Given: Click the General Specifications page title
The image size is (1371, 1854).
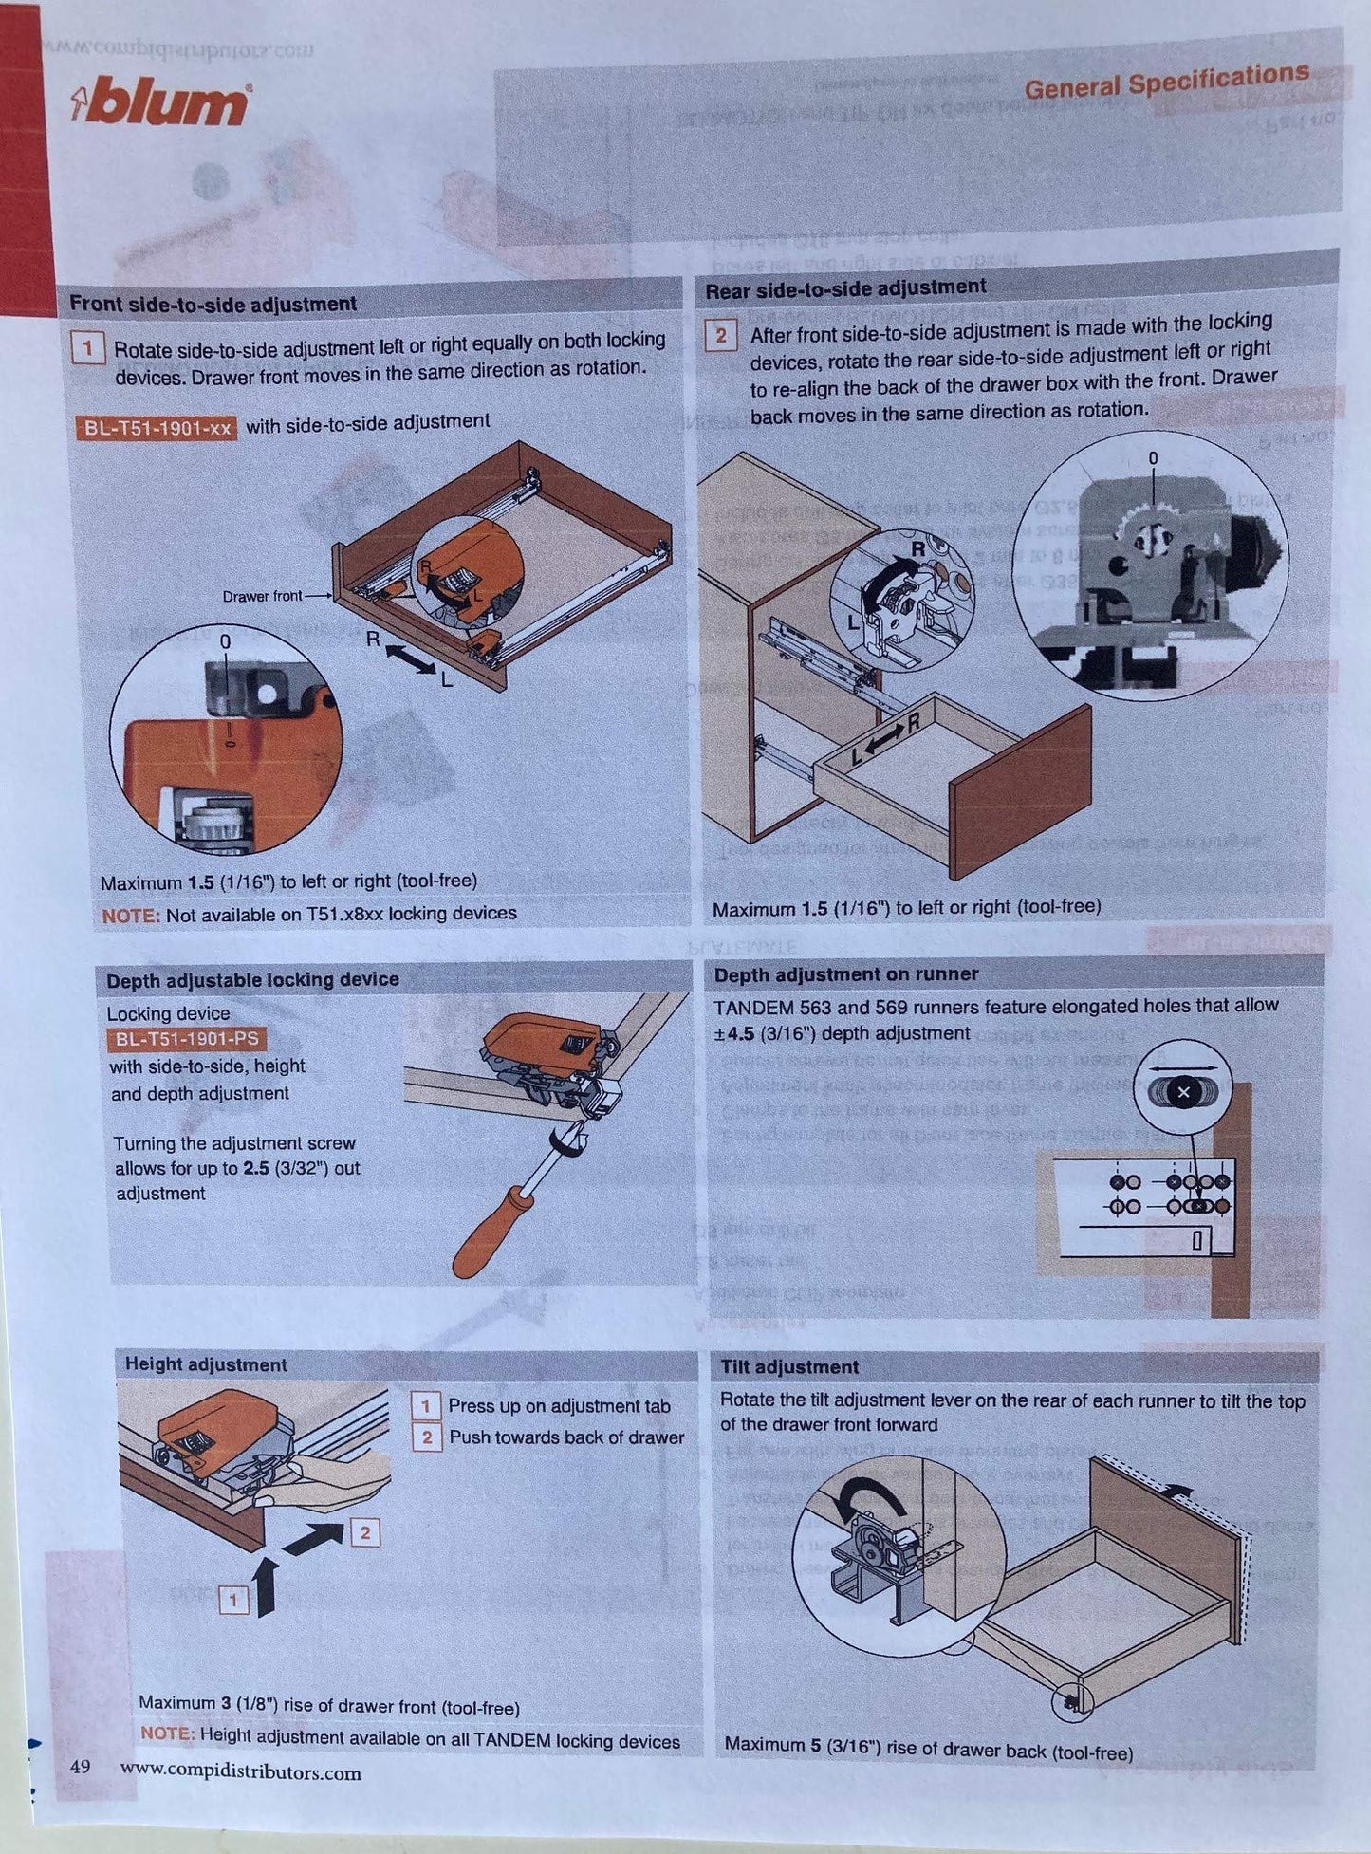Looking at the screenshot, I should tap(1166, 82).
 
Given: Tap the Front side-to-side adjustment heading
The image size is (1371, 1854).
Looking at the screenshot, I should tap(213, 305).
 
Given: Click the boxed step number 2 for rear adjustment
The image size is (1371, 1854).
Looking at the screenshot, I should tap(720, 335).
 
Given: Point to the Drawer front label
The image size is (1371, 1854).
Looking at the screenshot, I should tap(262, 597).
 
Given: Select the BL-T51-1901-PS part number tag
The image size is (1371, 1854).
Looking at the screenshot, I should tap(187, 1040).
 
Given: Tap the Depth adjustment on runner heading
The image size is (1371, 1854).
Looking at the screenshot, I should tap(845, 974).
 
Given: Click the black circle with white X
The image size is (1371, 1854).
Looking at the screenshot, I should tap(1182, 1092).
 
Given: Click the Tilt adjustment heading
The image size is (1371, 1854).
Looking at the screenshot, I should tap(788, 1367).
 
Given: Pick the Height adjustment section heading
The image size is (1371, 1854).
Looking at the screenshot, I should tap(206, 1364).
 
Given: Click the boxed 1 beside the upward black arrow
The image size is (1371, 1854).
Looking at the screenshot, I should tap(233, 1602).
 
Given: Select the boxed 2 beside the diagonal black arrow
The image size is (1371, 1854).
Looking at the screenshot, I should tap(365, 1532).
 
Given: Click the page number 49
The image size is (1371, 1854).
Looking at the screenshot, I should tap(80, 1767).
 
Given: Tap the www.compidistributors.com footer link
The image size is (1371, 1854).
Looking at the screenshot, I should tap(240, 1771).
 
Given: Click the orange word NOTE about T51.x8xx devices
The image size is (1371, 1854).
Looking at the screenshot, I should tap(129, 916).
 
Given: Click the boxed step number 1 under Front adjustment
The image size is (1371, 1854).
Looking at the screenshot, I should tap(87, 348).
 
